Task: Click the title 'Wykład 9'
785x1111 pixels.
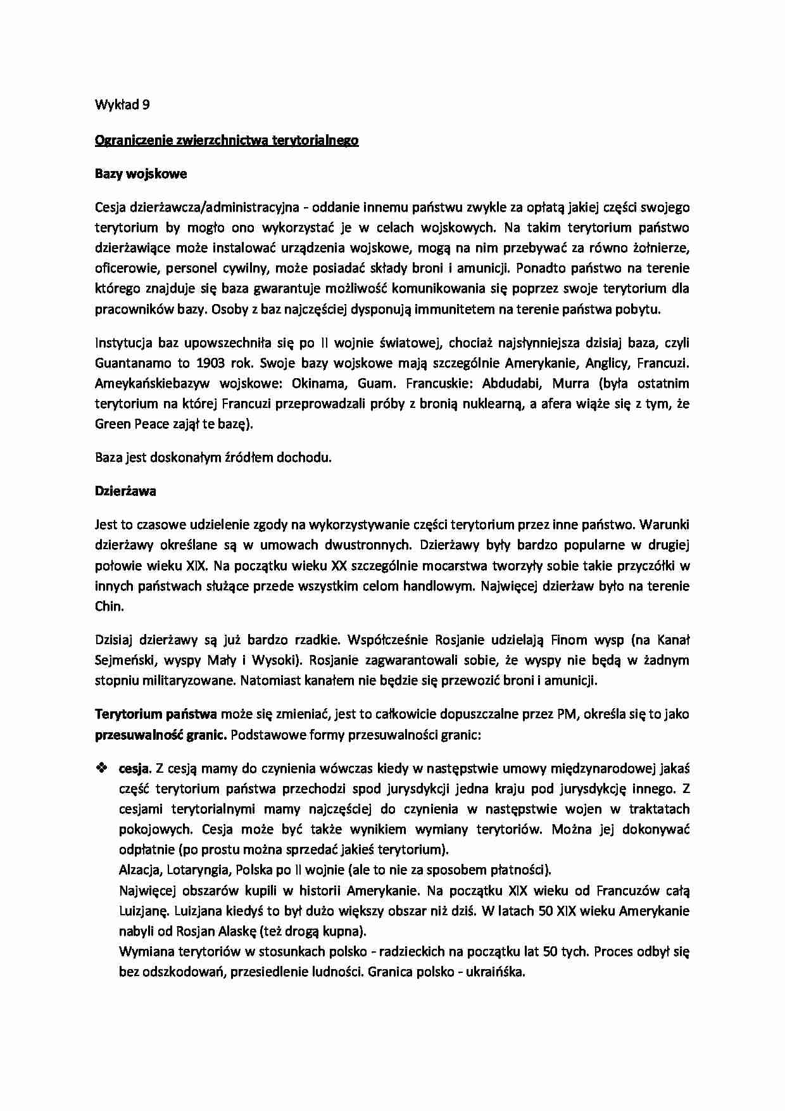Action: point(122,105)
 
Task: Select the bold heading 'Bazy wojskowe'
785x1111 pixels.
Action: point(141,174)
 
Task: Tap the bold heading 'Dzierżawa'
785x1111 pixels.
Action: point(125,491)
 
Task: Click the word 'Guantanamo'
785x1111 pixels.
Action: point(131,363)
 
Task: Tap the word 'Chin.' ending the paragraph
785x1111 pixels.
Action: point(108,606)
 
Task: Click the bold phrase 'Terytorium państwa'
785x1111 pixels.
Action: point(156,714)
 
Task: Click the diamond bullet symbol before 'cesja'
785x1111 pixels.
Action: point(101,768)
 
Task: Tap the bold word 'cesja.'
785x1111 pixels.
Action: point(135,768)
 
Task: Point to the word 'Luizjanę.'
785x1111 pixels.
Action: point(143,911)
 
